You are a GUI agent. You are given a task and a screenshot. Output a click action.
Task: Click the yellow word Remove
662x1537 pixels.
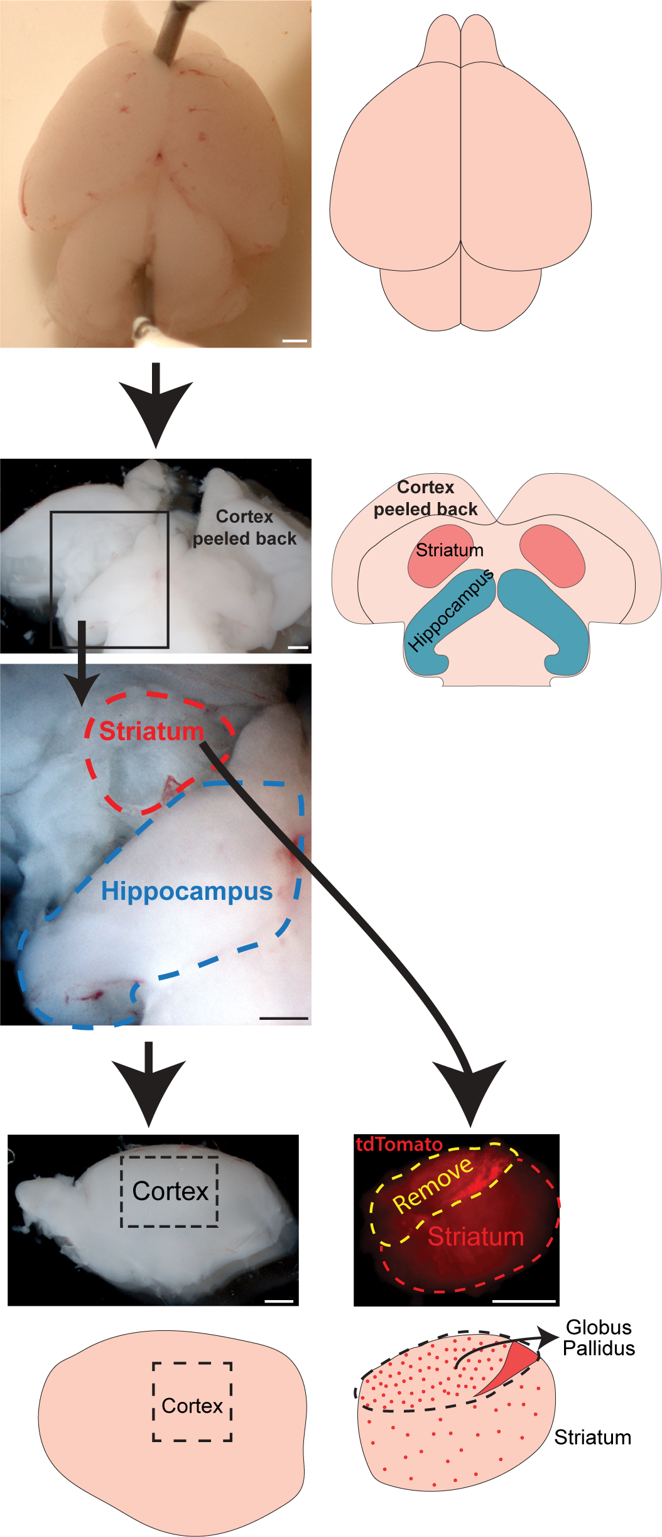click(433, 1184)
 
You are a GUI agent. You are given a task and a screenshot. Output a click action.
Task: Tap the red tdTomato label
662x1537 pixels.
click(399, 1144)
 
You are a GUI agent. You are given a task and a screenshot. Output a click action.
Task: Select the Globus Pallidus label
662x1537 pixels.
click(599, 1337)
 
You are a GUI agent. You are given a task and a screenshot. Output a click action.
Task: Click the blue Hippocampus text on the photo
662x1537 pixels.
click(187, 892)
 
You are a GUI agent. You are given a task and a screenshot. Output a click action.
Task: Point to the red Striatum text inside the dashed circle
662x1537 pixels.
click(151, 731)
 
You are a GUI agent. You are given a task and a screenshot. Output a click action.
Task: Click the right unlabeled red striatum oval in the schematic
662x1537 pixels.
click(552, 555)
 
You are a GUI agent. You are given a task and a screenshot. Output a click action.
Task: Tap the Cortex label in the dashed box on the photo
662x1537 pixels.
click(170, 1191)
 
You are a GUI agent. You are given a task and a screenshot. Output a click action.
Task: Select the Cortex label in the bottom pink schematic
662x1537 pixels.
click(192, 1406)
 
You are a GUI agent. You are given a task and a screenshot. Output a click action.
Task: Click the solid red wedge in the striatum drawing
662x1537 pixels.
click(507, 1368)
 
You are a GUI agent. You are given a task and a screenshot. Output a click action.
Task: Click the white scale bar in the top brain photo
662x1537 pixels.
click(295, 341)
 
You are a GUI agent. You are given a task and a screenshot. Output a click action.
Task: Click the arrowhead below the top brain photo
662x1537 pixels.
click(156, 412)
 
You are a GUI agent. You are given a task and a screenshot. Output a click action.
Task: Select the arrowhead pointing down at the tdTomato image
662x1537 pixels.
click(470, 1092)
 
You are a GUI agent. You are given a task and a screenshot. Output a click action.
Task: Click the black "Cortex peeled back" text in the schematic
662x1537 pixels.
click(426, 498)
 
